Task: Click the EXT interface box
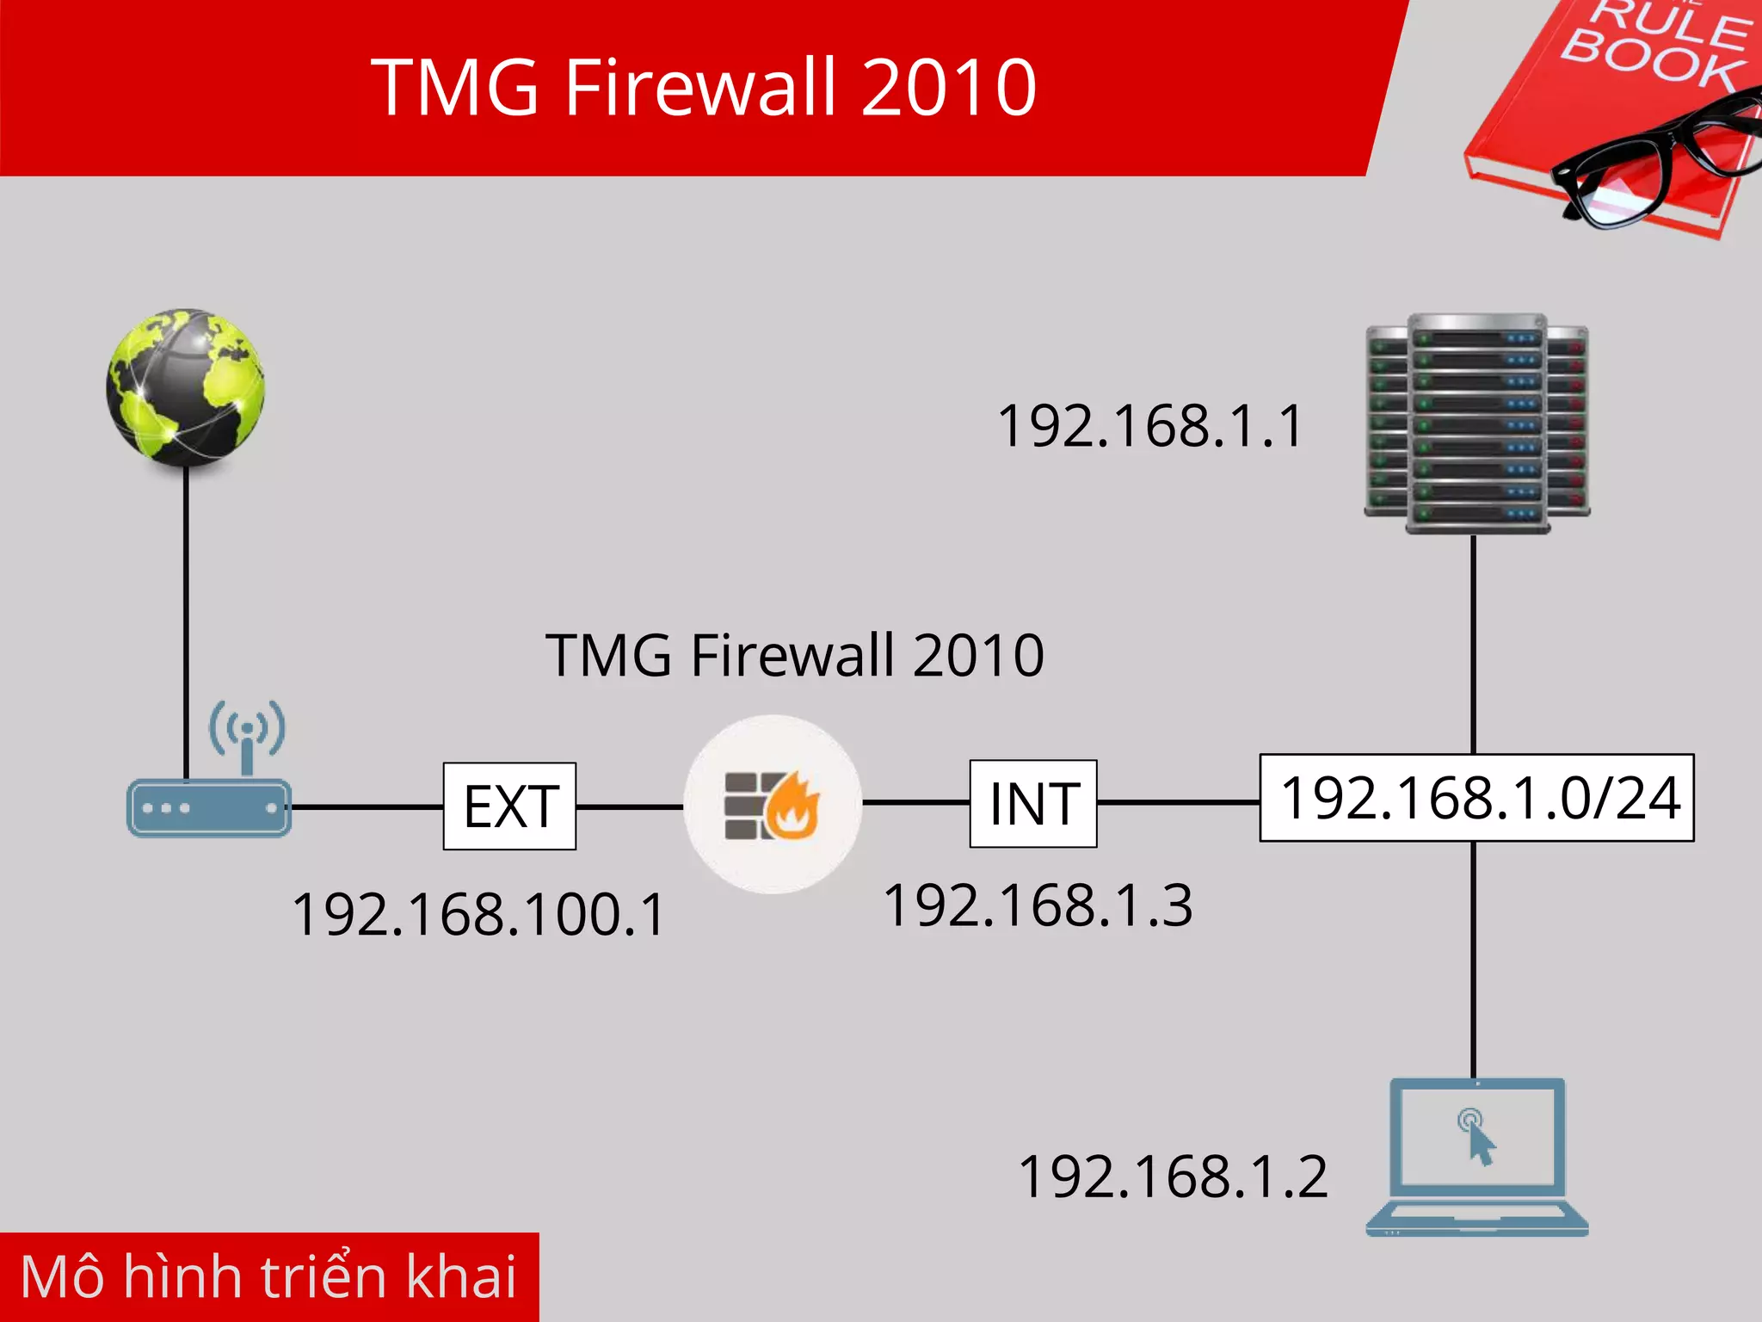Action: [x=509, y=806]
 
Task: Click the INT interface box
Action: [x=1033, y=804]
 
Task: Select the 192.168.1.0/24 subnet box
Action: [x=1476, y=798]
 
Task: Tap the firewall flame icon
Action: [x=773, y=805]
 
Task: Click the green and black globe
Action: [x=185, y=387]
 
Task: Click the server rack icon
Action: [x=1476, y=423]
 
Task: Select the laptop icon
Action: [x=1476, y=1158]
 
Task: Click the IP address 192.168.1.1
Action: [x=1149, y=426]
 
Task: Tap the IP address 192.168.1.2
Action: [x=1172, y=1177]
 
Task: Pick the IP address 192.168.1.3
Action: [x=1038, y=905]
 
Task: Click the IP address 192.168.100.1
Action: [x=478, y=914]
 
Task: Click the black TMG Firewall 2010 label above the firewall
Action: [x=794, y=656]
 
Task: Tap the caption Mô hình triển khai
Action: [x=268, y=1276]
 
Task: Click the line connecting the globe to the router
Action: [x=186, y=620]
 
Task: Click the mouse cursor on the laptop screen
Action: [x=1479, y=1142]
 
